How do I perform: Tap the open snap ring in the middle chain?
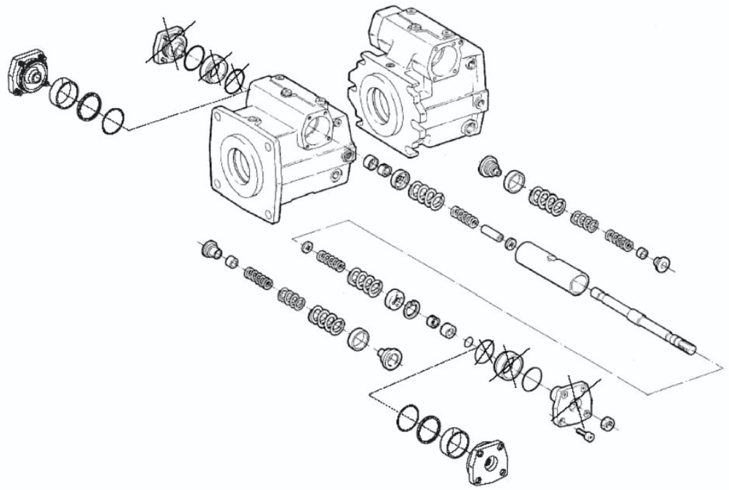pyautogui.click(x=411, y=308)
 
